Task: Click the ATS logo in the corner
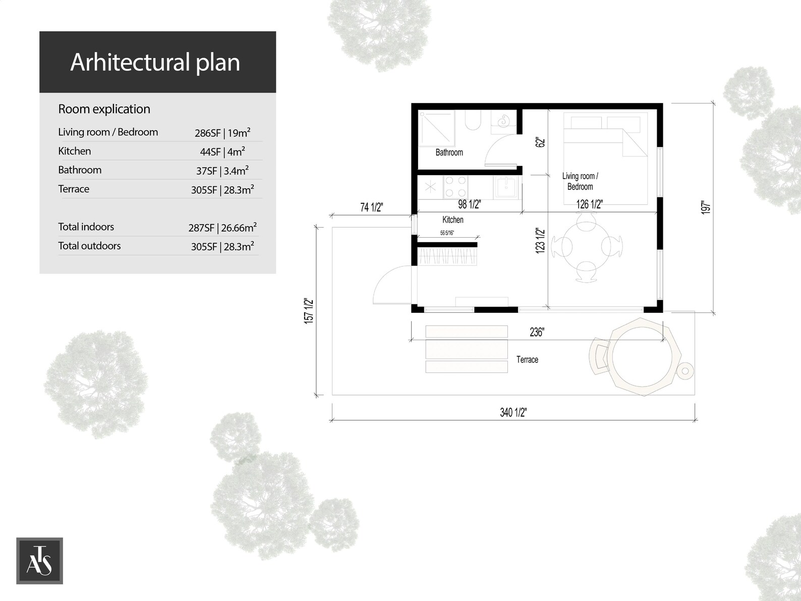click(x=39, y=561)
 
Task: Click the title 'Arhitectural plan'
click(x=155, y=62)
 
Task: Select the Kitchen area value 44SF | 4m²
click(x=222, y=151)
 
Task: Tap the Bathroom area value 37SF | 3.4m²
click(x=222, y=171)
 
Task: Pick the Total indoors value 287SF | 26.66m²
click(x=222, y=228)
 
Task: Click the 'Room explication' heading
click(x=104, y=109)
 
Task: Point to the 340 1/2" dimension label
click(x=513, y=412)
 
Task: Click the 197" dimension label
click(x=706, y=207)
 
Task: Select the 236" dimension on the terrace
click(x=536, y=332)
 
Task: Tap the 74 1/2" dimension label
click(x=372, y=207)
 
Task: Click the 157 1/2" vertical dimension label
click(x=309, y=311)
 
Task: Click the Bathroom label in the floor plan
click(x=449, y=152)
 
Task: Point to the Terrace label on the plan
click(x=527, y=360)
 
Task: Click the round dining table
click(x=587, y=247)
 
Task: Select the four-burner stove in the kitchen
click(x=455, y=186)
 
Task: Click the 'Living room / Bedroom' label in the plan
click(x=580, y=181)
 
